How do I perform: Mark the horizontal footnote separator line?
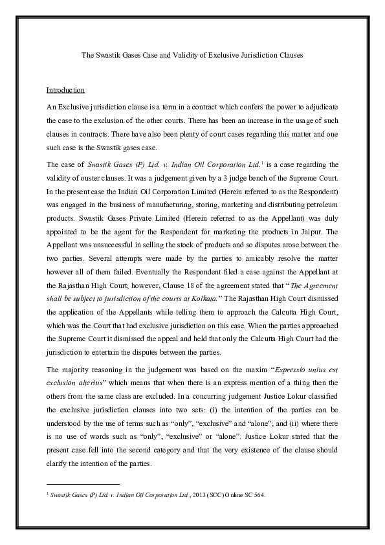pos(83,484)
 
